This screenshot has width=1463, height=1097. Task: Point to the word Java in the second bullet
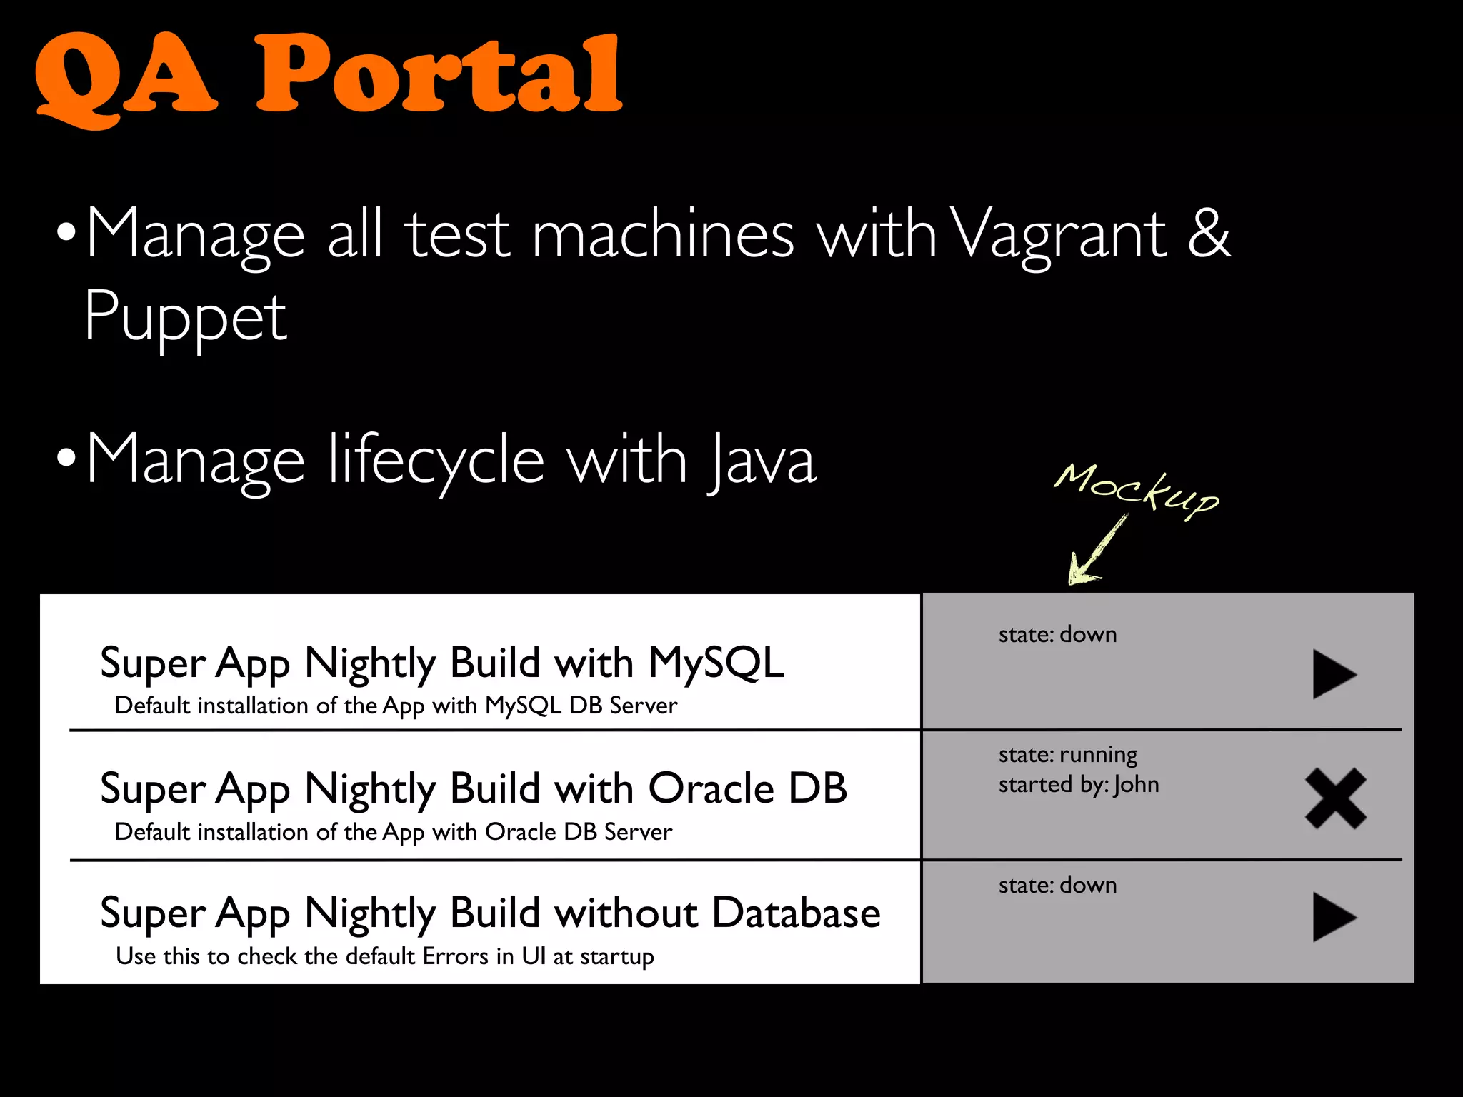[762, 461]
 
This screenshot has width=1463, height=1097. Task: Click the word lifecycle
[436, 461]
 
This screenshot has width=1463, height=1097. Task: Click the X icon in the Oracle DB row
[1335, 798]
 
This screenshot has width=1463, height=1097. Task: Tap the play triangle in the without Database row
[1332, 917]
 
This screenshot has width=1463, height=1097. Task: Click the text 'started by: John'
[1078, 785]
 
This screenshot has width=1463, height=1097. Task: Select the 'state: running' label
[1067, 754]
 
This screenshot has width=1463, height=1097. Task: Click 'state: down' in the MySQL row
[1057, 634]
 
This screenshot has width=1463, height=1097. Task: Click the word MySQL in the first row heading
[716, 663]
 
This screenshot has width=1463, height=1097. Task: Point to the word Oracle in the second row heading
[711, 788]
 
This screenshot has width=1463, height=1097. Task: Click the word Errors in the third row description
[455, 956]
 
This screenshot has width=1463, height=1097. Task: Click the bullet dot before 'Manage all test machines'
[66, 233]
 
